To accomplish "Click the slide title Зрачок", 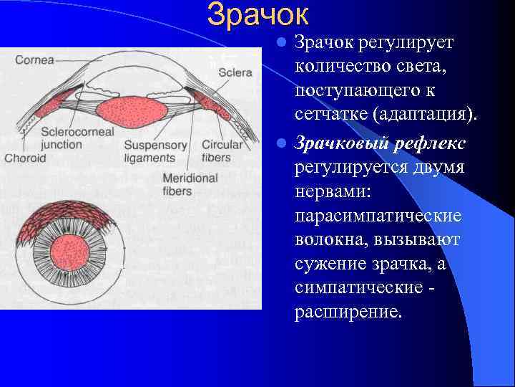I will point(258,15).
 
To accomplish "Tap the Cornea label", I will point(35,60).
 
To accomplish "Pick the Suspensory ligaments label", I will point(155,151).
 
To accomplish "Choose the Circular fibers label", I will point(222,151).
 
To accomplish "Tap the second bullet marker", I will point(283,143).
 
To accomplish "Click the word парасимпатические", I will point(378,216).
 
